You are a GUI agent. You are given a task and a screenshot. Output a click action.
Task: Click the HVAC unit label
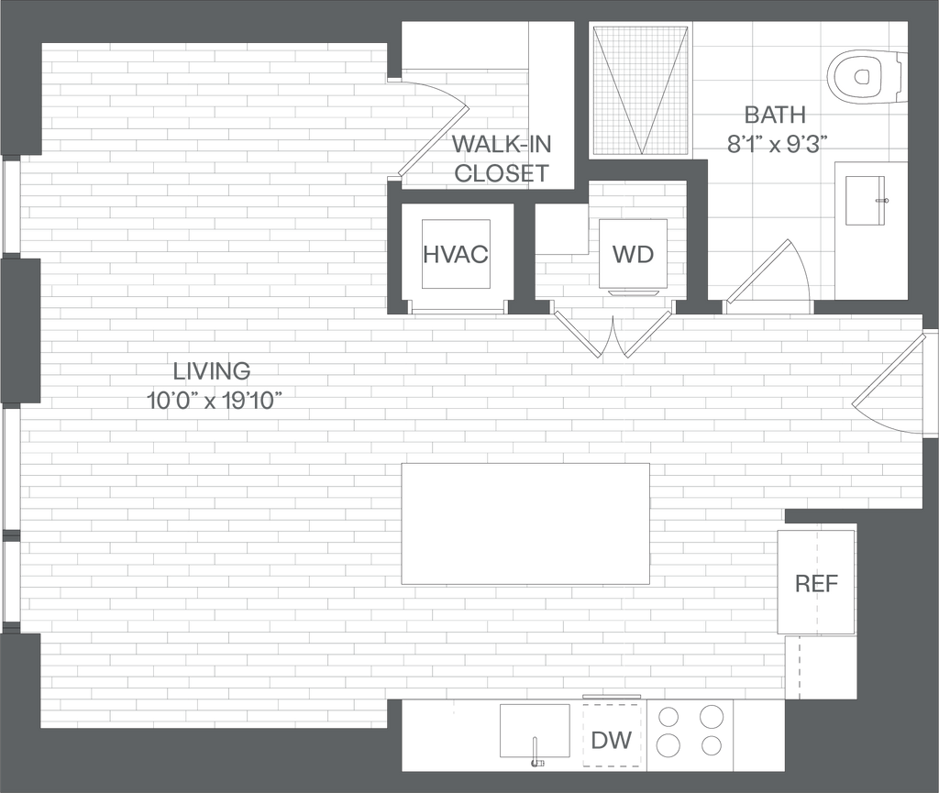pos(455,254)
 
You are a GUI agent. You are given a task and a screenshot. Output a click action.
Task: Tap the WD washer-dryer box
pos(633,254)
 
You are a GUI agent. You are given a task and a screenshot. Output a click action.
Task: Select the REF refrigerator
pos(816,582)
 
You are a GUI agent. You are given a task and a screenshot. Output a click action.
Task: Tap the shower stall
pos(640,90)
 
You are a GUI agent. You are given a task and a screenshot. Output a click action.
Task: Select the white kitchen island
pos(526,523)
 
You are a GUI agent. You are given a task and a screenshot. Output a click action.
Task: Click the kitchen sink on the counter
pos(536,732)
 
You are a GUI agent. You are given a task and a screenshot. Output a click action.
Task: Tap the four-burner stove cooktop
pos(690,731)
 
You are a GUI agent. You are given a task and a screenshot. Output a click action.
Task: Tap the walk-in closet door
pos(433,139)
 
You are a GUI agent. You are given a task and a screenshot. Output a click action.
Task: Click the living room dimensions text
pos(212,399)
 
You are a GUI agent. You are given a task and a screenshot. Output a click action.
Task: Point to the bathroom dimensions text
pos(776,144)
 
